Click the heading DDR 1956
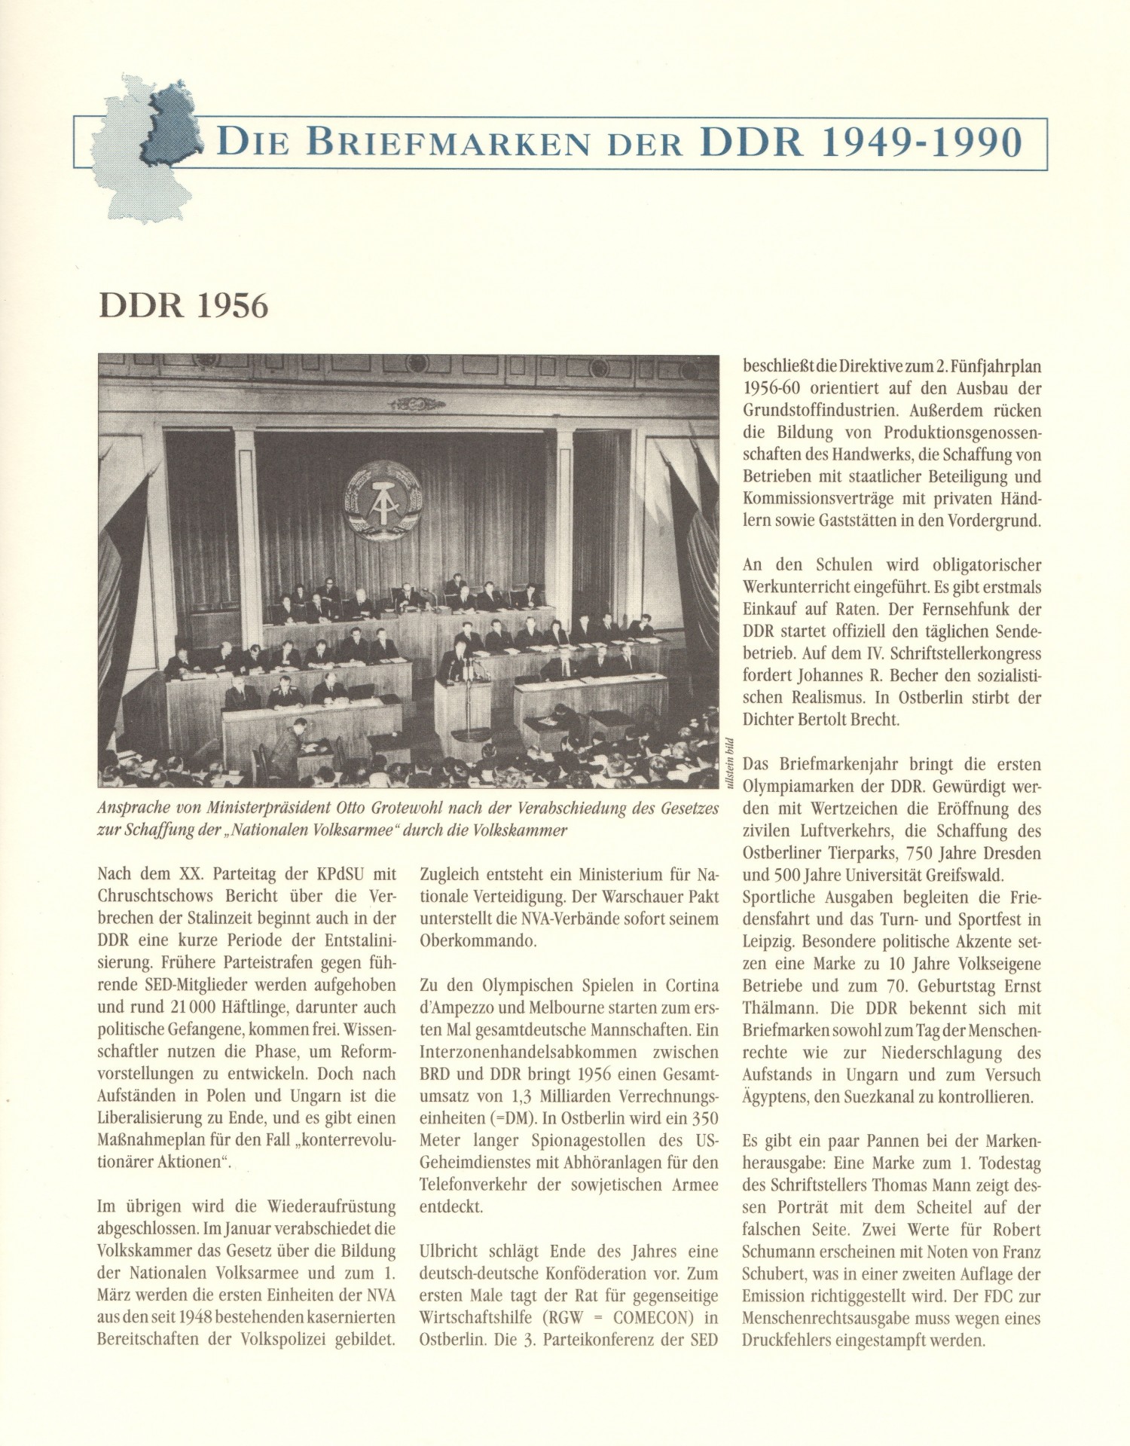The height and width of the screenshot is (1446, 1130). [x=183, y=306]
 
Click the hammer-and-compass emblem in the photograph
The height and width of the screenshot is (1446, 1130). [x=383, y=501]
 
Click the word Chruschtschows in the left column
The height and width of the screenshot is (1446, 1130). [x=156, y=897]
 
